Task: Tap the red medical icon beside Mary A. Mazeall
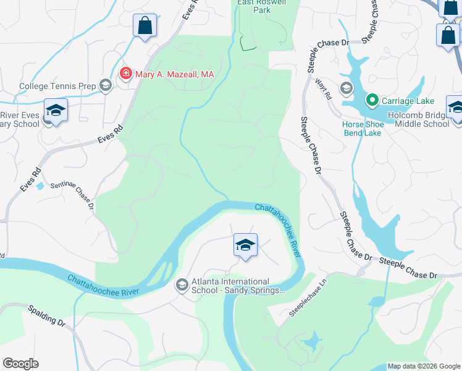pyautogui.click(x=125, y=74)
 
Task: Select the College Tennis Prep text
pyautogui.click(x=57, y=86)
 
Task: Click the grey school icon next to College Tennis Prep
pyautogui.click(x=105, y=86)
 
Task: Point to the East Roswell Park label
pyautogui.click(x=262, y=6)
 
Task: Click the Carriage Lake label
pyautogui.click(x=408, y=101)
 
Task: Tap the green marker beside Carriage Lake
pyautogui.click(x=372, y=100)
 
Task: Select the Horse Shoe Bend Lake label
pyautogui.click(x=363, y=129)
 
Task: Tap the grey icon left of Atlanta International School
pyautogui.click(x=182, y=285)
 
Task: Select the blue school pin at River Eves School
pyautogui.click(x=56, y=111)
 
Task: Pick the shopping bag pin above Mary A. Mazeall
pyautogui.click(x=145, y=27)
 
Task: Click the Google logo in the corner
pyautogui.click(x=20, y=364)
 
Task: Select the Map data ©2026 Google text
pyautogui.click(x=424, y=366)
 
